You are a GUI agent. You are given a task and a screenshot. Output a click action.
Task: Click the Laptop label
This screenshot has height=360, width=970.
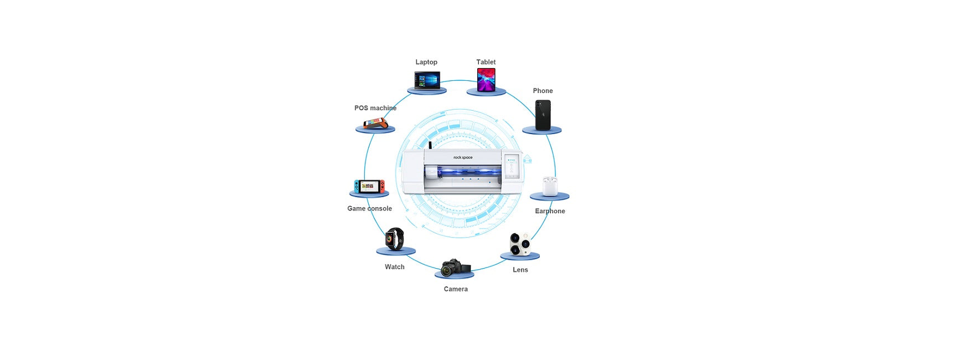coord(426,62)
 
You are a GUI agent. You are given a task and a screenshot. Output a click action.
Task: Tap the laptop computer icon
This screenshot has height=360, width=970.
coord(427,80)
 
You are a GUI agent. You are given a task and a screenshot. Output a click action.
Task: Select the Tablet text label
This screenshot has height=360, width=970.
coord(486,62)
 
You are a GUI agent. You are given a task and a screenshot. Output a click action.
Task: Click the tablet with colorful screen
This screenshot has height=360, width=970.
coord(486,80)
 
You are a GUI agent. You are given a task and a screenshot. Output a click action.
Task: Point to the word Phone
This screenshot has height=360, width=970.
coord(543,91)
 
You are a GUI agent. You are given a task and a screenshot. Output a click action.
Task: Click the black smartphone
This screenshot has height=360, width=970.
coord(543,115)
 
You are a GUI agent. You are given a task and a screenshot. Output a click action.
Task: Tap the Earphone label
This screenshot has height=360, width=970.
coord(550,211)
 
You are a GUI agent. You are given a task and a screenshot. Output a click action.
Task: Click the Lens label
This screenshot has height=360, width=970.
coord(520,270)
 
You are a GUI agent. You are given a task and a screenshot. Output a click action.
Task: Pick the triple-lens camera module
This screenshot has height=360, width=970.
coord(520,244)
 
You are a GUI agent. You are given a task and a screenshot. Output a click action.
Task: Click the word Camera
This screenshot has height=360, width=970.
coord(456,289)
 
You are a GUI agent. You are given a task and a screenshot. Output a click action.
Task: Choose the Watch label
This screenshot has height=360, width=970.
coord(395,267)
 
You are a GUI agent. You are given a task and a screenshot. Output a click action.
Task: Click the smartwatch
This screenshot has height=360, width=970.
coord(395,239)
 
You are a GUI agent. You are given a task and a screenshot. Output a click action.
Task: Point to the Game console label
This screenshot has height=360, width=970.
coord(369,209)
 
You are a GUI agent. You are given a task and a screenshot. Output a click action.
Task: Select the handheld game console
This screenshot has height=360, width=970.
coord(369,186)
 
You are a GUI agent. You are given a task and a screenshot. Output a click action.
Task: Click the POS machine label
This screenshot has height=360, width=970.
coord(375,108)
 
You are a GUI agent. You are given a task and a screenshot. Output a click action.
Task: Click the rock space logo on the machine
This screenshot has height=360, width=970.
coord(463,158)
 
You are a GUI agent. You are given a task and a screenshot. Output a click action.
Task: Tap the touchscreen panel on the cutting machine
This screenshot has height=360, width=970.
coord(513,166)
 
